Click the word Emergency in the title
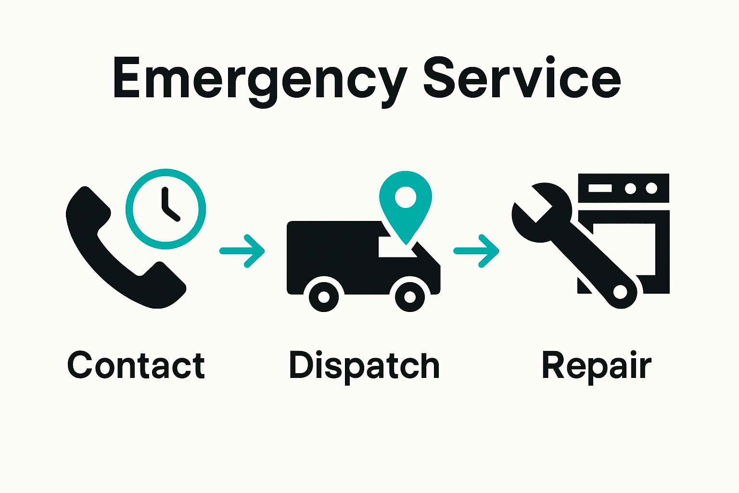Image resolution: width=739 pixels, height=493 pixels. pos(260,79)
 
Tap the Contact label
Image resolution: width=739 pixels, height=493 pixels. pos(136,365)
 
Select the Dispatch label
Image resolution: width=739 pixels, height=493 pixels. pos(364,365)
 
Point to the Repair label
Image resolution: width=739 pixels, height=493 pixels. pos(596,365)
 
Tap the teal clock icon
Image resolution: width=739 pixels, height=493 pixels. pos(166,209)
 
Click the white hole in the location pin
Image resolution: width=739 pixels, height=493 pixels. pos(405,197)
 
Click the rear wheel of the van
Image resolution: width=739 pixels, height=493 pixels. pos(324,298)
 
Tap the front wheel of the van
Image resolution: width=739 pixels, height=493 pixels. pos(410,298)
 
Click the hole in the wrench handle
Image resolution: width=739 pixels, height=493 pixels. pos(620,292)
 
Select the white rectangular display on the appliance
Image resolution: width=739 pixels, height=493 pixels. pos(599,188)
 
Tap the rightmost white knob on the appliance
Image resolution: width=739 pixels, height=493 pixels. pos(651,188)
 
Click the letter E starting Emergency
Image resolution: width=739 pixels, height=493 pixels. pos(129,78)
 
